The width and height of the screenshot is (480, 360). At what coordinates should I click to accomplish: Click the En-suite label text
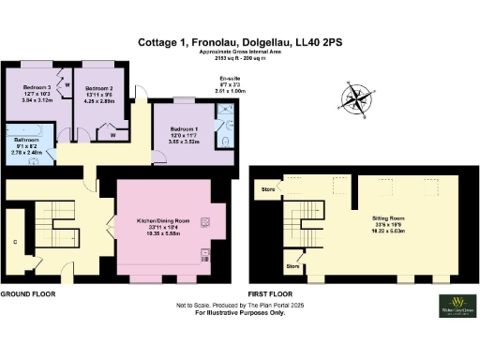(x=231, y=80)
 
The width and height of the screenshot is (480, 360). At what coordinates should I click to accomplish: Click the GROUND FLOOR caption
(x=27, y=293)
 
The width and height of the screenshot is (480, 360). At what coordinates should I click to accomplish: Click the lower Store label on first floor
(x=292, y=265)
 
